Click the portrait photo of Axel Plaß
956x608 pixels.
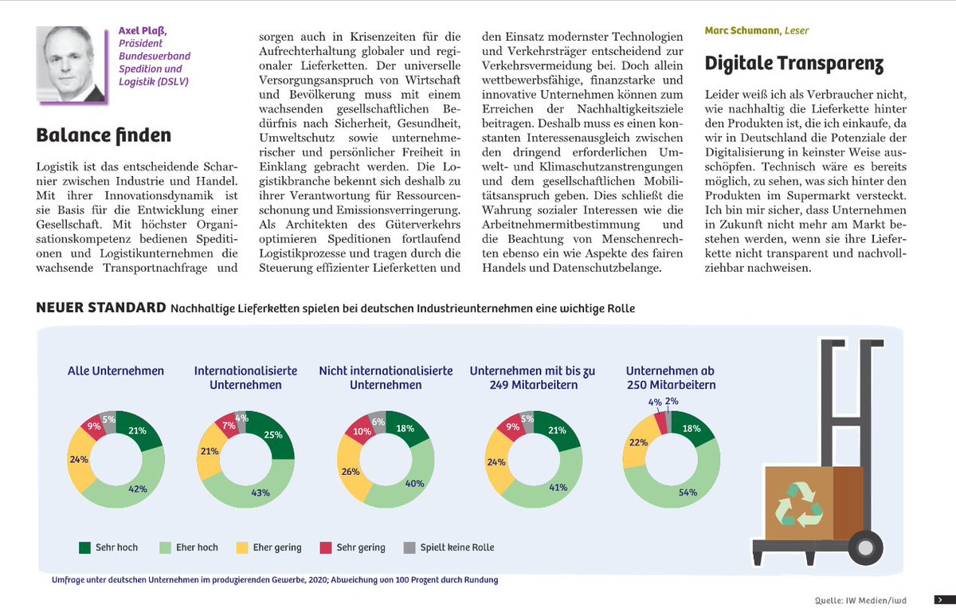[72, 64]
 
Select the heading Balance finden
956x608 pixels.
[104, 135]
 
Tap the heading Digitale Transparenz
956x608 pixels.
[794, 63]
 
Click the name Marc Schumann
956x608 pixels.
[737, 31]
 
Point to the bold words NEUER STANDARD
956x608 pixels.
[100, 308]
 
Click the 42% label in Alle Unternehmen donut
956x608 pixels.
[138, 488]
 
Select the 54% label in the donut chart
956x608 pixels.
[688, 492]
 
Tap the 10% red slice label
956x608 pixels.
[361, 432]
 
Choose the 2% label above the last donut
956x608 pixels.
[672, 402]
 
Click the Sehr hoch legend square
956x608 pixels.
[84, 547]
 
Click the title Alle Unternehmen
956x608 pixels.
[116, 371]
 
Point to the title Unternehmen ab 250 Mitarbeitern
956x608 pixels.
[670, 378]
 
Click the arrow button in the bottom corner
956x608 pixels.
[940, 599]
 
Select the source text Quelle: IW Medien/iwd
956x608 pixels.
[860, 599]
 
